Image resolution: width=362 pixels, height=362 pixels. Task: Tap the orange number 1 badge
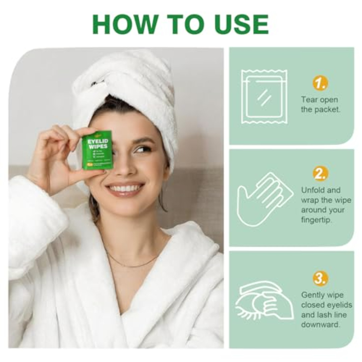pyautogui.click(x=320, y=83)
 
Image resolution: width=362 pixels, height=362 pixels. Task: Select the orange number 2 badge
pyautogui.click(x=320, y=174)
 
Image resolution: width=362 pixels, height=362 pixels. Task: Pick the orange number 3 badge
pyautogui.click(x=320, y=278)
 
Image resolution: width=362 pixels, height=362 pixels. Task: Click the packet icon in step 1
pyautogui.click(x=264, y=97)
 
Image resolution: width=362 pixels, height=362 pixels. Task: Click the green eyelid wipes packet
pyautogui.click(x=97, y=150)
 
